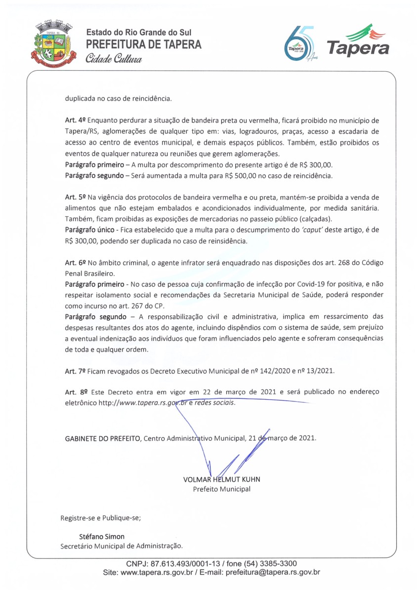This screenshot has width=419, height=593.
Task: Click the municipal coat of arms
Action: tap(52, 44)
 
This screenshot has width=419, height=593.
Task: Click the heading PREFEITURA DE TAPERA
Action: tap(144, 44)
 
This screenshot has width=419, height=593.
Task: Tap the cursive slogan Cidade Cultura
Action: tap(114, 59)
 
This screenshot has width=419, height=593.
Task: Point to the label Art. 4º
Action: tap(75, 121)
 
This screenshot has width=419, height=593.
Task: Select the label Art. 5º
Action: tap(75, 197)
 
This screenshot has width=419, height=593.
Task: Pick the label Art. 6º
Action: tap(75, 262)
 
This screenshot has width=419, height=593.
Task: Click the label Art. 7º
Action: tap(75, 371)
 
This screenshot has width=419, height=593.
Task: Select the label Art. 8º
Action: tap(75, 392)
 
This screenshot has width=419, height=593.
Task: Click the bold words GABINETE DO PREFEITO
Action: tap(103, 438)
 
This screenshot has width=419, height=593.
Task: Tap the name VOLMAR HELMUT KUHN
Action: tap(222, 479)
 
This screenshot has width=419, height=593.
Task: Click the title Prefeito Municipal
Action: tap(221, 489)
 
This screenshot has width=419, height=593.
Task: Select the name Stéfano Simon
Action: tap(102, 536)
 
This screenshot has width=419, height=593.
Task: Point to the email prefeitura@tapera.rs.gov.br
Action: tap(273, 573)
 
